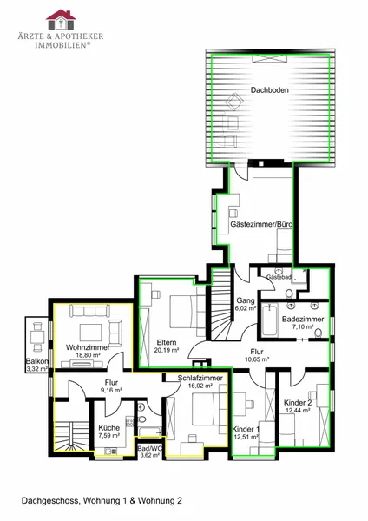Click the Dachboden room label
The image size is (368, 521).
click(x=269, y=90)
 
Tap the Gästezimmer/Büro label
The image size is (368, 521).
click(x=261, y=224)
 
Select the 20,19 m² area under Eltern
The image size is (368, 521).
click(x=167, y=350)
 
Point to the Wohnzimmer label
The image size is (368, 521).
click(x=88, y=347)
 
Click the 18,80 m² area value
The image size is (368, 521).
click(x=88, y=355)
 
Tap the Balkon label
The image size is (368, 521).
click(x=37, y=361)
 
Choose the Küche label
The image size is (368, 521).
click(x=109, y=428)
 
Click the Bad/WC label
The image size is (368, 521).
click(x=150, y=449)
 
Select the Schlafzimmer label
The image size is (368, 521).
click(x=200, y=378)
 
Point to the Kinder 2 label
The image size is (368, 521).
click(x=298, y=403)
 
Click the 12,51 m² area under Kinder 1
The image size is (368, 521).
click(x=246, y=437)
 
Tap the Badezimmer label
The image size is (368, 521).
click(x=303, y=320)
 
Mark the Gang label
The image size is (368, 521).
click(x=246, y=300)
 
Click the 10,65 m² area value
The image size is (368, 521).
click(x=257, y=359)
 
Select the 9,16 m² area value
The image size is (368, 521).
click(x=111, y=391)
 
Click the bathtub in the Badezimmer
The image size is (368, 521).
click(x=270, y=320)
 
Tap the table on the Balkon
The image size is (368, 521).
click(x=37, y=337)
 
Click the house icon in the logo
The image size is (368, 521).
click(x=61, y=20)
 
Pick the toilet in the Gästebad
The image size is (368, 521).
click(x=289, y=293)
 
